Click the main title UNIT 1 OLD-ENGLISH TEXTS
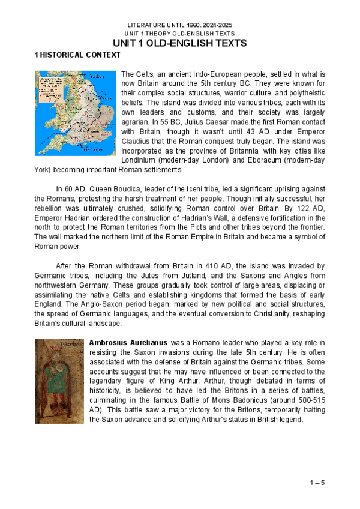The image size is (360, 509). coord(180,44)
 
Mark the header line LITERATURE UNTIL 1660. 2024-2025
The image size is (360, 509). coord(180,25)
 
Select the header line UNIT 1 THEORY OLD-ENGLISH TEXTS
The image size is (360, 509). coord(180,34)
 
